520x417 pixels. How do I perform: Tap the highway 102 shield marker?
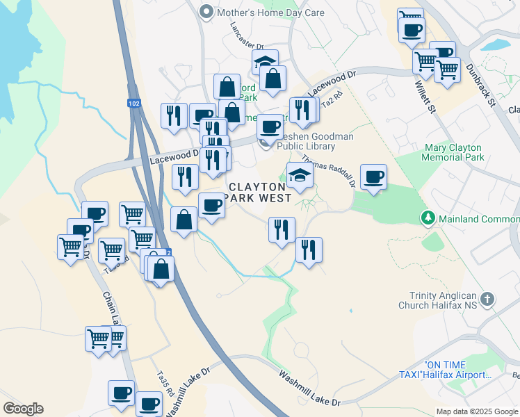[x=133, y=103]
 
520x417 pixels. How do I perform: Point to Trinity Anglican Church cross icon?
[x=487, y=300]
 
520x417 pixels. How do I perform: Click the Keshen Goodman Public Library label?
[x=315, y=141]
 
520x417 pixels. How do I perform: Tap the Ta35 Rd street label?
[x=163, y=383]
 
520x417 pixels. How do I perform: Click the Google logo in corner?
[x=23, y=409]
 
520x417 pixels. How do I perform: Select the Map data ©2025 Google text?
[x=476, y=411]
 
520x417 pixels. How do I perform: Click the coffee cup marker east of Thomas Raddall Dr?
[x=373, y=177]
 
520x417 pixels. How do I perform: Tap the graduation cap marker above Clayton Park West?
[x=300, y=175]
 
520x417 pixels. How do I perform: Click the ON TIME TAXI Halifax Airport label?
[x=457, y=370]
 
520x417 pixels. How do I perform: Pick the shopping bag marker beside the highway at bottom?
[x=161, y=270]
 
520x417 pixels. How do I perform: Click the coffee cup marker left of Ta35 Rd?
[x=121, y=393]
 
